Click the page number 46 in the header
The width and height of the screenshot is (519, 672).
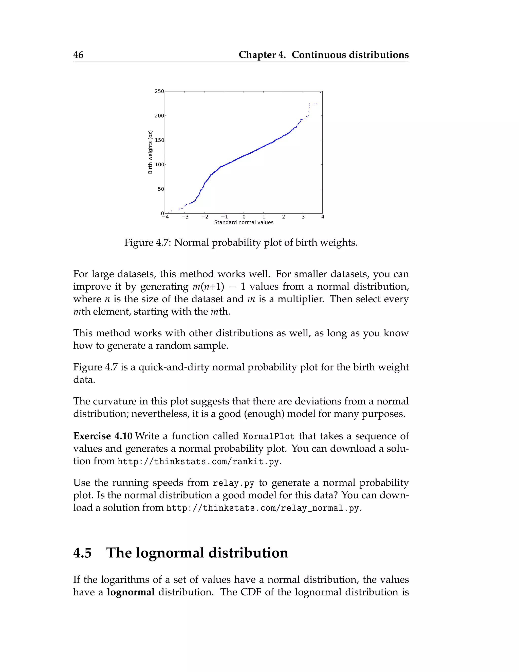click(78, 55)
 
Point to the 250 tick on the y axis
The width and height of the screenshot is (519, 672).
click(159, 91)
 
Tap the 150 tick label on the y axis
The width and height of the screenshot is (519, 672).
click(159, 140)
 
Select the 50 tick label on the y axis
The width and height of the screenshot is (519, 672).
click(161, 189)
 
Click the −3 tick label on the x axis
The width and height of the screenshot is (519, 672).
click(185, 217)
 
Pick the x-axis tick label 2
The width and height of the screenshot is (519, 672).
click(283, 217)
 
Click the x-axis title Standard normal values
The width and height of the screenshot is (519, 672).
click(244, 222)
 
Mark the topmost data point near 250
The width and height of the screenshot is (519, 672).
click(320, 92)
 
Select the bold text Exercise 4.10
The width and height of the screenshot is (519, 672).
click(103, 436)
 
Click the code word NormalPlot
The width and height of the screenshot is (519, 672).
click(269, 437)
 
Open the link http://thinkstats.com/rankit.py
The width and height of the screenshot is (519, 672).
click(199, 462)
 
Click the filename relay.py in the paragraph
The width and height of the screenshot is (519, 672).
click(233, 483)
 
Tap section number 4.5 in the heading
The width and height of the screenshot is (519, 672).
click(82, 553)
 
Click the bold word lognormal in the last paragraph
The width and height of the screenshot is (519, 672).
click(131, 592)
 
